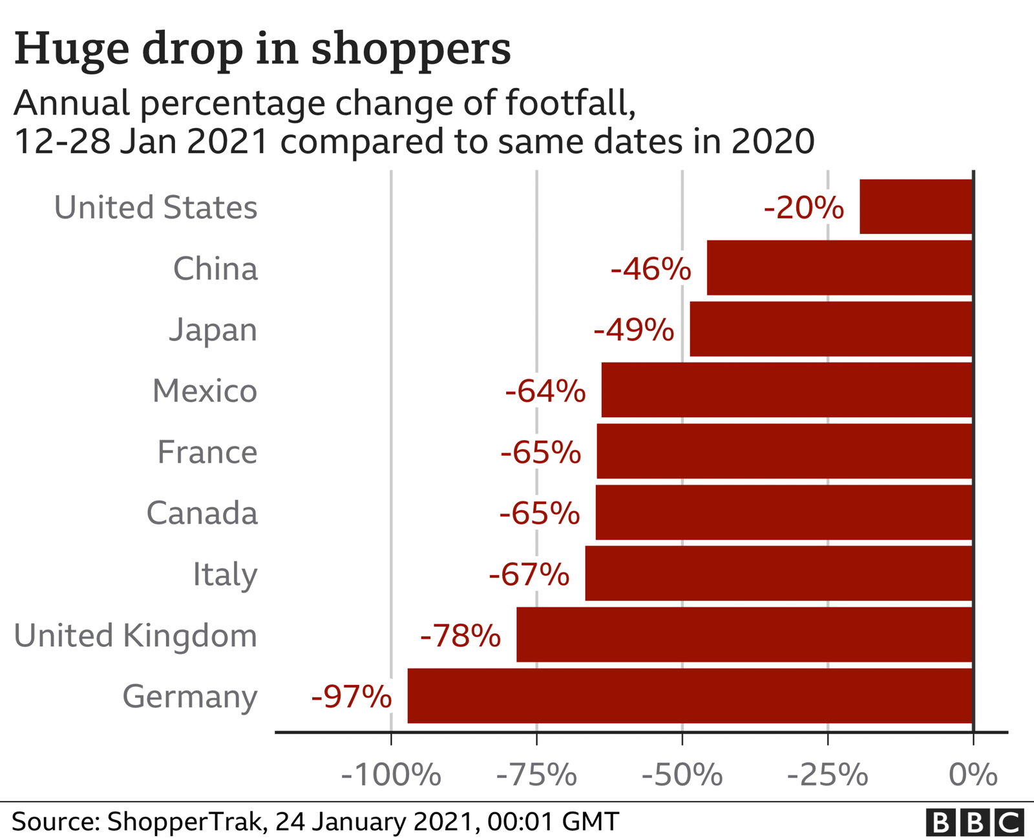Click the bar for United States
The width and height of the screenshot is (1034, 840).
tap(916, 207)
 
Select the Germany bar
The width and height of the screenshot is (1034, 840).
tap(690, 696)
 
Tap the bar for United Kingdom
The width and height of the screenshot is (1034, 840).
tap(744, 635)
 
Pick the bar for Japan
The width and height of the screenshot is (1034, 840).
tap(831, 329)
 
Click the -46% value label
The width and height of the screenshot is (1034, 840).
tap(650, 269)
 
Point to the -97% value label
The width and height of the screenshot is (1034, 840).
tap(351, 697)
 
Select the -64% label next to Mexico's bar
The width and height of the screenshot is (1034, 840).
tap(545, 391)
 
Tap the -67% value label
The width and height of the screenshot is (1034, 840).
tap(529, 574)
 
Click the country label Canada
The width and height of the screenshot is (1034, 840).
tap(202, 513)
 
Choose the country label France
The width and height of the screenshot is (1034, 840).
tap(207, 452)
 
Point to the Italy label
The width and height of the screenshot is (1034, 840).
tap(224, 574)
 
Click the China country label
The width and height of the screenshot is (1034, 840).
tap(215, 269)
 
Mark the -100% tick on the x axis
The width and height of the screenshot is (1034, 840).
tap(390, 775)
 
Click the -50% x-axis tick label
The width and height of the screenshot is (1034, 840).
tap(682, 775)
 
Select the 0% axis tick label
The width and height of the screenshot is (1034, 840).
tap(973, 775)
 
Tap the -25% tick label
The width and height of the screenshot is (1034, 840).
tap(827, 775)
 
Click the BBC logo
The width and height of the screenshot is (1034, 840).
tap(974, 823)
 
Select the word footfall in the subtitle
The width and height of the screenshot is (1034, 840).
tap(569, 103)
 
